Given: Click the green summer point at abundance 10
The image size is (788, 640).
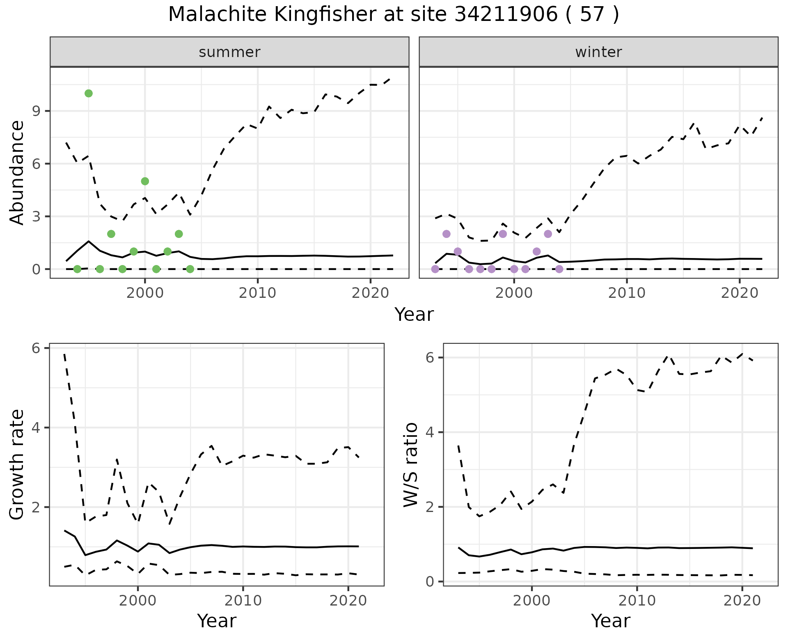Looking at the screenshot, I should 88,94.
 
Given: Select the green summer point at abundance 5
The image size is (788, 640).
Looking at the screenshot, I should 145,181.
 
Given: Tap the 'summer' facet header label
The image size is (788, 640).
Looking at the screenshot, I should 229,52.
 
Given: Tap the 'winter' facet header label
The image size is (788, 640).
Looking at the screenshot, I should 598,52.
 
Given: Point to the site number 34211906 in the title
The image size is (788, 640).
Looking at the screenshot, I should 506,15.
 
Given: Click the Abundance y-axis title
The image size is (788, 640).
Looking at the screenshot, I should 17,172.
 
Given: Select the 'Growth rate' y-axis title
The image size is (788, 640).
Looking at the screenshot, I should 17,465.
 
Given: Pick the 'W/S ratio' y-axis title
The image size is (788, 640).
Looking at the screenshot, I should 410,465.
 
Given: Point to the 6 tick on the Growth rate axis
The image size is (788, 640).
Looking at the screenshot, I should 37,348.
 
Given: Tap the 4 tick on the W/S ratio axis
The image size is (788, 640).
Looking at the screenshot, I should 430,432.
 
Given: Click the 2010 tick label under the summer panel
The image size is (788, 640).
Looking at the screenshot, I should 257,293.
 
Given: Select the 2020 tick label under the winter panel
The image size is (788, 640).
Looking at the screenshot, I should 740,293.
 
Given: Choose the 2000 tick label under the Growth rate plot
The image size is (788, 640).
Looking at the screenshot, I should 138,601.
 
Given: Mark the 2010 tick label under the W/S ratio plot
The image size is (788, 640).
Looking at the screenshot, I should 637,601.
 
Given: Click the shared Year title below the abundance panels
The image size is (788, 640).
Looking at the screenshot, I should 414,315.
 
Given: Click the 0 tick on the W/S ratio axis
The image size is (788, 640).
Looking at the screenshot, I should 430,582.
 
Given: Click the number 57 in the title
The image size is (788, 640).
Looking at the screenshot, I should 592,15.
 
